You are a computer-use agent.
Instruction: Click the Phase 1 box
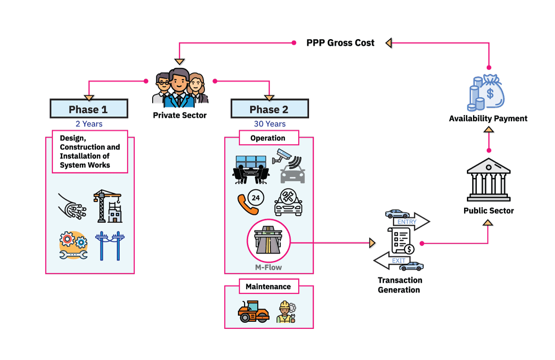[89, 109]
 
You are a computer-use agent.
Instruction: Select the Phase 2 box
[269, 109]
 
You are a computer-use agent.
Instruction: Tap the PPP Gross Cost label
[340, 43]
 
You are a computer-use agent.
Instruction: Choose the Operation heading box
[269, 138]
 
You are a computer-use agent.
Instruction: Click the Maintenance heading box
[268, 286]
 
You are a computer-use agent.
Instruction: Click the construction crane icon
[108, 206]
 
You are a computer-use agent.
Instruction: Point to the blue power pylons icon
[109, 245]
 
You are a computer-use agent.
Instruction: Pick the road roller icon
[253, 311]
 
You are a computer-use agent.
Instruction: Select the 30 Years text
[269, 124]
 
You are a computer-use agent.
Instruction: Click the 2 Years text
[89, 124]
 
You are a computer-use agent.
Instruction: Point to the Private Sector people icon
[180, 87]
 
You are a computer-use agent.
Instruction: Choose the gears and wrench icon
[73, 245]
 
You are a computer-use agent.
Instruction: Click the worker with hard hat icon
[286, 311]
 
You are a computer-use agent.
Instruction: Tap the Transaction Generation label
[400, 285]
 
